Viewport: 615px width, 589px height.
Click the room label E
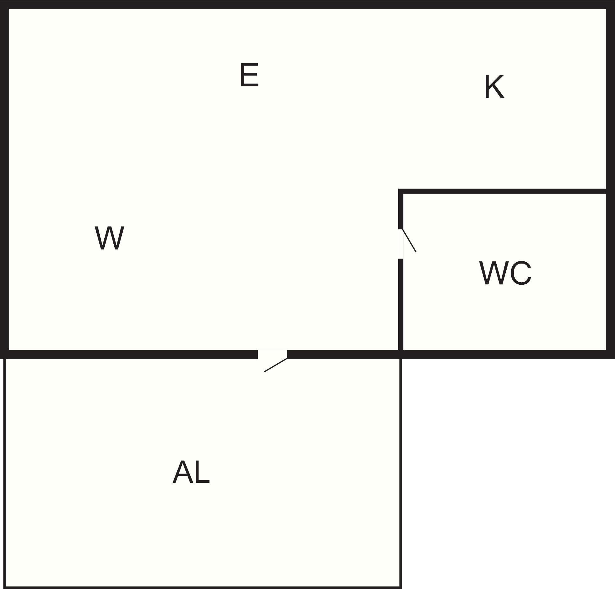249,74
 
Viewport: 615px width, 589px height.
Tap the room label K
494,86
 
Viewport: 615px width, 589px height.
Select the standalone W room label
110,238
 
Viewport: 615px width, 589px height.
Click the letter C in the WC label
521,273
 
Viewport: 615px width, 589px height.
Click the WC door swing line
409,241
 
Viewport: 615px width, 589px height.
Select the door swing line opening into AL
276,365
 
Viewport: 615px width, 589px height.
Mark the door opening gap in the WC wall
401,244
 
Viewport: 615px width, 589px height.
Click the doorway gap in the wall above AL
272,354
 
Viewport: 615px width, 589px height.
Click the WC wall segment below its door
401,304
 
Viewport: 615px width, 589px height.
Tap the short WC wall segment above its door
401,209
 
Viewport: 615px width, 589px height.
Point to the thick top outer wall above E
307,4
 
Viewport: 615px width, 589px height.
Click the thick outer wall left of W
4,179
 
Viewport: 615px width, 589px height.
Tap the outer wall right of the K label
611,179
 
